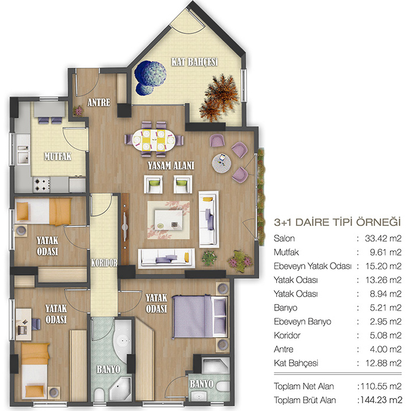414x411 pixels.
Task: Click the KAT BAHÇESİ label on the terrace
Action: coord(194,62)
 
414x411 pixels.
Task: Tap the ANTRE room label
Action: coord(99,102)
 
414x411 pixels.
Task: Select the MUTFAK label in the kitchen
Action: coord(58,156)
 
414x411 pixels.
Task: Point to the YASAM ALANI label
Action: coord(171,165)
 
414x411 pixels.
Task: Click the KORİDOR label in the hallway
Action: coord(104,263)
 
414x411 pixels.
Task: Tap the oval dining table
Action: coord(154,140)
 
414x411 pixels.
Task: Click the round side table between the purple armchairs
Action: coord(221,163)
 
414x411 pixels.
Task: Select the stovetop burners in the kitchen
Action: coord(41,184)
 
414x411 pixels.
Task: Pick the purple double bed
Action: coord(200,316)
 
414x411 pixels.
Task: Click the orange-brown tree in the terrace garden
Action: coord(220,98)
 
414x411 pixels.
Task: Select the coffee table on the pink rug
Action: coord(168,220)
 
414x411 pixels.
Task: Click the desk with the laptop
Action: coord(23,324)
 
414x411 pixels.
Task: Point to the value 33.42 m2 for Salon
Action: coord(383,238)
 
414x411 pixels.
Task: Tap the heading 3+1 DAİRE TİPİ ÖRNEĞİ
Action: coord(337,222)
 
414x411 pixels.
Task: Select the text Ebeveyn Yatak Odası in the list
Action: coord(312,266)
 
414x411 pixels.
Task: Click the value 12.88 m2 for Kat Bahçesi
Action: coord(384,363)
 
